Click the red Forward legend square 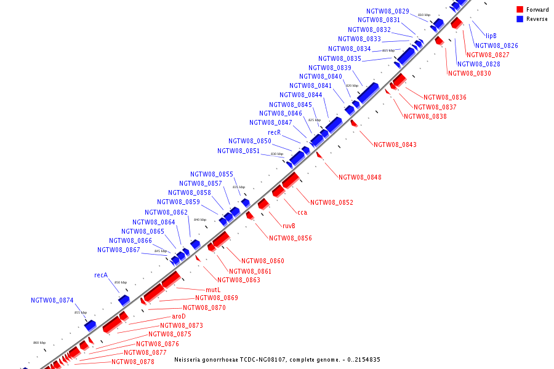[520, 9]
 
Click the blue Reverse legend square [520, 19]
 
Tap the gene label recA [101, 275]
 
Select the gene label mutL [213, 289]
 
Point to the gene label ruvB [289, 226]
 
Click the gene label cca [302, 212]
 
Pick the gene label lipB [491, 36]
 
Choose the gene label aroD [179, 316]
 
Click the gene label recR [275, 132]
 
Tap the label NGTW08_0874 [52, 301]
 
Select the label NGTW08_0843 [395, 145]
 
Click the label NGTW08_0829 [387, 11]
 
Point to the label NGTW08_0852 [331, 202]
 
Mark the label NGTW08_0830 [469, 73]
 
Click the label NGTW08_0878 [132, 362]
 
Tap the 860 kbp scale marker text [39, 343]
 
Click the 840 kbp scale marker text [200, 220]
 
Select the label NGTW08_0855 [211, 174]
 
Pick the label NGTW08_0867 [118, 250]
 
